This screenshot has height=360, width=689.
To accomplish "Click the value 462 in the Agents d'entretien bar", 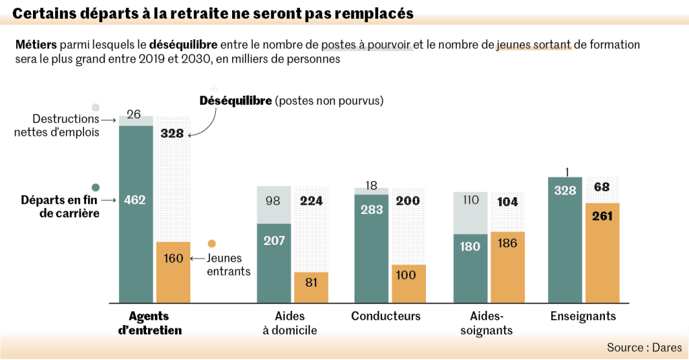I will (x=135, y=200).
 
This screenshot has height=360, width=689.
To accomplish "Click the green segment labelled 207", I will (x=274, y=241).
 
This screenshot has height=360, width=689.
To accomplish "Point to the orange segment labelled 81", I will (x=311, y=283).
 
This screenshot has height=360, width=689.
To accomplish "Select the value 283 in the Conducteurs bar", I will (x=371, y=210).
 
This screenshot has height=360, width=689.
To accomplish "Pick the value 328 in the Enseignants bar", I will (x=565, y=190).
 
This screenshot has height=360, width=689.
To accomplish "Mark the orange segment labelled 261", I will (x=602, y=216).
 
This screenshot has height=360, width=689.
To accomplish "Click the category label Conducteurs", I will (x=386, y=316).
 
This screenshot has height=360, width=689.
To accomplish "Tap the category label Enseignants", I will (x=583, y=316).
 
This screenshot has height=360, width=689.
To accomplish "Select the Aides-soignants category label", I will (x=486, y=323).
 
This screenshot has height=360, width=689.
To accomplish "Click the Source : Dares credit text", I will (x=644, y=347).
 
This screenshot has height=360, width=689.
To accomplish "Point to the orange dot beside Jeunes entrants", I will (x=212, y=244).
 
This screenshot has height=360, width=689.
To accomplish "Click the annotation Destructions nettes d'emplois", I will (x=57, y=125).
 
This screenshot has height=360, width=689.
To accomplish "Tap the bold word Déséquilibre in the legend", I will (x=235, y=101).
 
